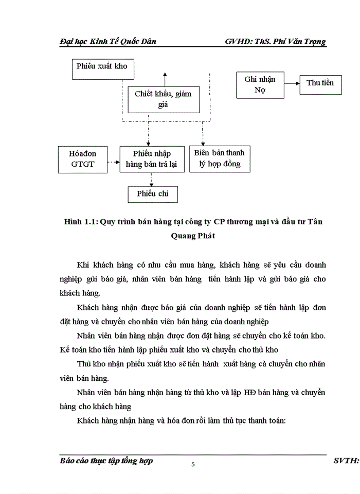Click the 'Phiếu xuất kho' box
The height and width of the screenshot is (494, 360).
101,68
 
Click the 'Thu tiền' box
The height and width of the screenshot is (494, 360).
320,83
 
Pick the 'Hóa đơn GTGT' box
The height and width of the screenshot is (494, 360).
82,159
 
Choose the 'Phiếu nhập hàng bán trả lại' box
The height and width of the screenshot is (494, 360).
151,159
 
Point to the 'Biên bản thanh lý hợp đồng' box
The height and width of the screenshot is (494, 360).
219,158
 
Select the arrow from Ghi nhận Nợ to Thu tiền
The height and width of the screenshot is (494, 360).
292,83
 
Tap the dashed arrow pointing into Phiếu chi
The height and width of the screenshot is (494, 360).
151,179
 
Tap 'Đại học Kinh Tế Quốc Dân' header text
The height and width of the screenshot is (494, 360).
107,42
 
